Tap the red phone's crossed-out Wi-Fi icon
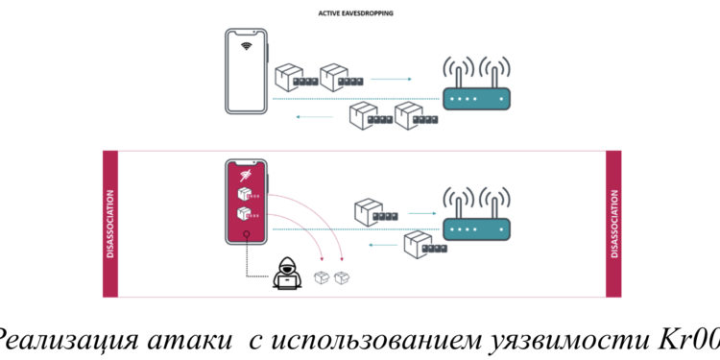(x=246, y=174)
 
